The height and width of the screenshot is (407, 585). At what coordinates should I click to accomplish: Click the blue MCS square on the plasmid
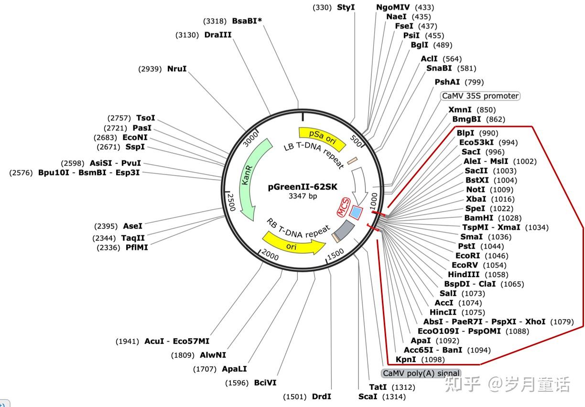[x=356, y=211]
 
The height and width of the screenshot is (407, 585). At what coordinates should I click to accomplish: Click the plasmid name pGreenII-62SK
[x=303, y=187]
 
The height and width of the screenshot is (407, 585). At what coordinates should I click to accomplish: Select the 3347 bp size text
[x=303, y=196]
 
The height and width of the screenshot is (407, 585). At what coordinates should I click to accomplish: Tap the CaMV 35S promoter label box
[x=480, y=96]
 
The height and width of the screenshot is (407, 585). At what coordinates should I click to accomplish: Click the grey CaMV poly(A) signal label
[x=421, y=373]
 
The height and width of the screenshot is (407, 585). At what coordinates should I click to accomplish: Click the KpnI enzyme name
[x=406, y=359]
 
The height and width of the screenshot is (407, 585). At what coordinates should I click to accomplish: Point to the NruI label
[x=177, y=69]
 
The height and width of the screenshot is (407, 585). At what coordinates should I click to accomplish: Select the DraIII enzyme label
[x=217, y=35]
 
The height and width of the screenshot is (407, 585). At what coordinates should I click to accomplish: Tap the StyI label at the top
[x=346, y=7]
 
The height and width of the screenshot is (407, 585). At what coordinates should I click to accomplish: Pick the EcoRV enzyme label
[x=465, y=265]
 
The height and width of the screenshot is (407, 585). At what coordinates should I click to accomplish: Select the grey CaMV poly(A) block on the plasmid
[x=343, y=232]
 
